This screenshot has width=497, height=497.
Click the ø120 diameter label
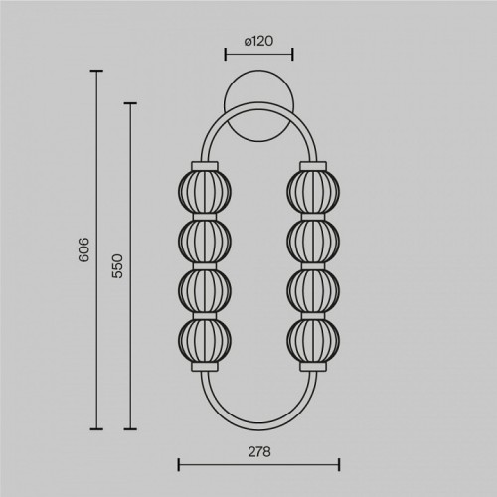click(258, 41)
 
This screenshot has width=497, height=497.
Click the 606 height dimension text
click(84, 249)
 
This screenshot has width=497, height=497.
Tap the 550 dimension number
click(117, 266)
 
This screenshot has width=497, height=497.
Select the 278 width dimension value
click(259, 452)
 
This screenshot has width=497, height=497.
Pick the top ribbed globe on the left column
click(205, 191)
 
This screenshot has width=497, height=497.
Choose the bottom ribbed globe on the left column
click(205, 340)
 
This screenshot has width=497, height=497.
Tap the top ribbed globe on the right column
click(313, 191)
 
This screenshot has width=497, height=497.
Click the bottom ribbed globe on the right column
click(313, 340)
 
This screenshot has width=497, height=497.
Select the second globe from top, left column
click(205, 241)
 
